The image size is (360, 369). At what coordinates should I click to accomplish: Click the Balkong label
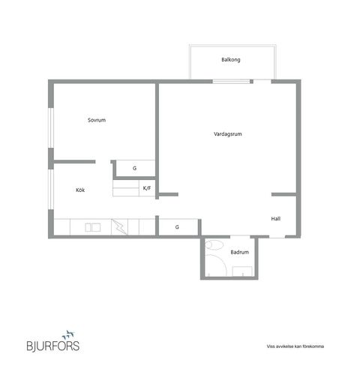click(x=231, y=60)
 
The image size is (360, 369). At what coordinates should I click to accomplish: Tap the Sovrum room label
click(x=97, y=120)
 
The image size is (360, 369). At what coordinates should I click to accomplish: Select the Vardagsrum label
click(x=228, y=134)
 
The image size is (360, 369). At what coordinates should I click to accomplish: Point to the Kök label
click(x=80, y=190)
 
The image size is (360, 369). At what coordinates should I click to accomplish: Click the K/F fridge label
click(x=147, y=188)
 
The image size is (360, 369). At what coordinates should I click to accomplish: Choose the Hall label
click(x=276, y=219)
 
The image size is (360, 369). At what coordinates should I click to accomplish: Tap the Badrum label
click(x=240, y=252)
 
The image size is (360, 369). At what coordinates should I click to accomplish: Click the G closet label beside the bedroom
click(x=134, y=168)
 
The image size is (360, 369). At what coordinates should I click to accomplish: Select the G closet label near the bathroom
click(x=177, y=227)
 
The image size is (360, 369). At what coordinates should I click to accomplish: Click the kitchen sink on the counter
click(x=93, y=227)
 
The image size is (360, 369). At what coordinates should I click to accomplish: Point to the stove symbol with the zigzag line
click(x=119, y=226)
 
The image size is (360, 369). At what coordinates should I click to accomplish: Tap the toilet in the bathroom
click(x=214, y=245)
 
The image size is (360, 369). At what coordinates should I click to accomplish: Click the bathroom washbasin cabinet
click(x=242, y=271)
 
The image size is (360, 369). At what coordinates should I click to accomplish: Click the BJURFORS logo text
click(x=53, y=346)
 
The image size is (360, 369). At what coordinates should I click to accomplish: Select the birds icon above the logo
click(x=68, y=334)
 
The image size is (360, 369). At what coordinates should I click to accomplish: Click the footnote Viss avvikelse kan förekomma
click(x=295, y=346)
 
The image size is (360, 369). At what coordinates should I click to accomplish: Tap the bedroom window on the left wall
click(x=51, y=127)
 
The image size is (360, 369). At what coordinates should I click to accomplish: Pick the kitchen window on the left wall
click(x=51, y=189)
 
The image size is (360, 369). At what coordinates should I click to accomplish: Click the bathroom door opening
click(x=240, y=236)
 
